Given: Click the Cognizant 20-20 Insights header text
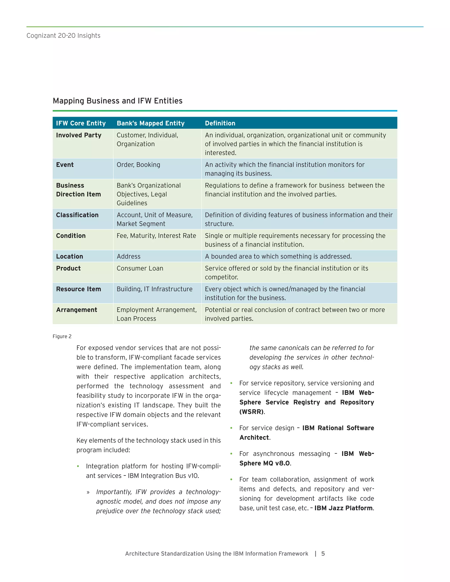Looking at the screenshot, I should (x=64, y=36).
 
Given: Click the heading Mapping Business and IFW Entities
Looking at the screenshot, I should (x=118, y=101).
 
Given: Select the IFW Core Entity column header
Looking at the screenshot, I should (x=81, y=123).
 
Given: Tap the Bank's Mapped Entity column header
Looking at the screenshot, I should (x=151, y=123).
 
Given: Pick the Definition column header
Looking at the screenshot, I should (x=220, y=123).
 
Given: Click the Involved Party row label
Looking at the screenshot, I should (x=79, y=135).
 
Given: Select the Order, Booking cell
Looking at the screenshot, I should (x=138, y=165).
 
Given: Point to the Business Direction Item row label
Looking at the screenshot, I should (x=78, y=190).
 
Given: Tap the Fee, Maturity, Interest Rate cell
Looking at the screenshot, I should (x=156, y=236).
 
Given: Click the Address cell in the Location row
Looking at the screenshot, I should (x=129, y=257).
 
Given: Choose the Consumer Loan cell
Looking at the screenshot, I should (x=140, y=269).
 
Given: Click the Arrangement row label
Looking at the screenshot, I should (x=76, y=310).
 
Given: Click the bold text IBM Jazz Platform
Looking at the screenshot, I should (x=343, y=508).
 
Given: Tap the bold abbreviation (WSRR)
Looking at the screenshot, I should (x=252, y=412).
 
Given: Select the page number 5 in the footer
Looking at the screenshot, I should (x=323, y=554).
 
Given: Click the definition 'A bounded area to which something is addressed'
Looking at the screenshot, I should (x=278, y=257).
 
